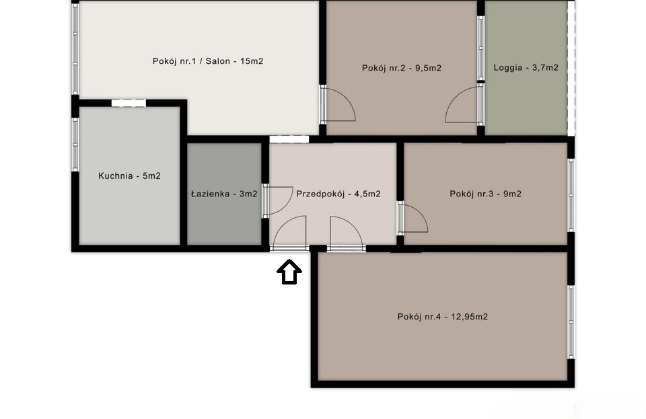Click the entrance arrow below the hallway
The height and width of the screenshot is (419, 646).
click(289, 272)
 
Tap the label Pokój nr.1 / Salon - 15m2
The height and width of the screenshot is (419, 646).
click(208, 61)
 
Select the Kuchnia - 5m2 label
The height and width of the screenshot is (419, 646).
click(129, 176)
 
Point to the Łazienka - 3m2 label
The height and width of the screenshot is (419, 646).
click(224, 194)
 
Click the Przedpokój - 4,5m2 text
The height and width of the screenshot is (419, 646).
click(338, 194)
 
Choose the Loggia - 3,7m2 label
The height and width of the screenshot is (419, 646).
click(526, 67)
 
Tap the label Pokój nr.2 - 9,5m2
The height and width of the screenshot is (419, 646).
click(401, 68)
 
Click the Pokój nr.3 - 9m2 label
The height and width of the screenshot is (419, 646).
click(485, 194)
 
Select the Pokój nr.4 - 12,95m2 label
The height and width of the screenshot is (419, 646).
click(443, 317)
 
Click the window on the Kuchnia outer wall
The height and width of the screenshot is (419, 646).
click(75, 145)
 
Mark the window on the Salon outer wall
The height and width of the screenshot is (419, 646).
click(75, 48)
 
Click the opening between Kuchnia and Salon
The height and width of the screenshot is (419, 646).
click(129, 103)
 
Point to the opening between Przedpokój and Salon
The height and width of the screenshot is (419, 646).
click(289, 139)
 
